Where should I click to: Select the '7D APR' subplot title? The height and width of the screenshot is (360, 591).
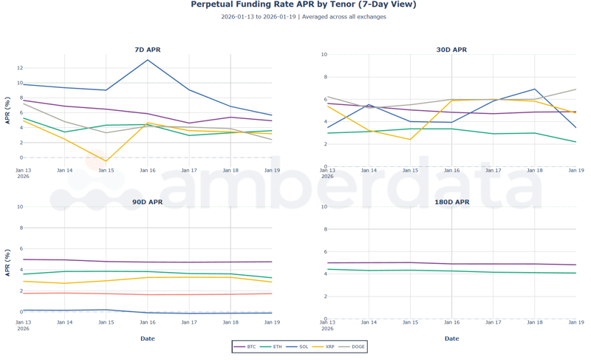tap(147, 50)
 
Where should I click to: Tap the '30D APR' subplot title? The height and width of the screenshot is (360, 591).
tap(451, 50)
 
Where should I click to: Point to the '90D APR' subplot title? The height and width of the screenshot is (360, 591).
tap(147, 202)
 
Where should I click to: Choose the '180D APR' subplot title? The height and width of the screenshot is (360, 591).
tap(451, 202)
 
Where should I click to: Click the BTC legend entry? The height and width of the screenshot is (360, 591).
tap(246, 347)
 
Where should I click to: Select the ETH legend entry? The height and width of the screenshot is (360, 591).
tap(273, 347)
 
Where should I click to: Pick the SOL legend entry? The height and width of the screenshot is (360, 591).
tap(299, 347)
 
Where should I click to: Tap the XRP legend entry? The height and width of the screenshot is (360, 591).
tap(326, 347)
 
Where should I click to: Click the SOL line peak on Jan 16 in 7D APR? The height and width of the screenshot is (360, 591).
tap(148, 60)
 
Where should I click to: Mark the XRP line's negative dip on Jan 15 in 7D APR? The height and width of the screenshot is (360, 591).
tap(106, 161)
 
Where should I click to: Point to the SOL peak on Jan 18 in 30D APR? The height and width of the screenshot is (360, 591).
tap(534, 89)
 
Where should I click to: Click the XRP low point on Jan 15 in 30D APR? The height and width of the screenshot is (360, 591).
tap(410, 140)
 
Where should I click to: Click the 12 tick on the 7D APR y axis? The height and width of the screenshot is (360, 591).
tap(18, 68)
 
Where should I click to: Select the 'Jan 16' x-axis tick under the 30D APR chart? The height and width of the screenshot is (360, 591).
tap(451, 170)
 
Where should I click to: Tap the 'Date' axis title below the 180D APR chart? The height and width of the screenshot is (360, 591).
tap(451, 339)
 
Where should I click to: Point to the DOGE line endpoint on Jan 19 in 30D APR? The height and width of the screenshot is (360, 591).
tap(575, 89)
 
